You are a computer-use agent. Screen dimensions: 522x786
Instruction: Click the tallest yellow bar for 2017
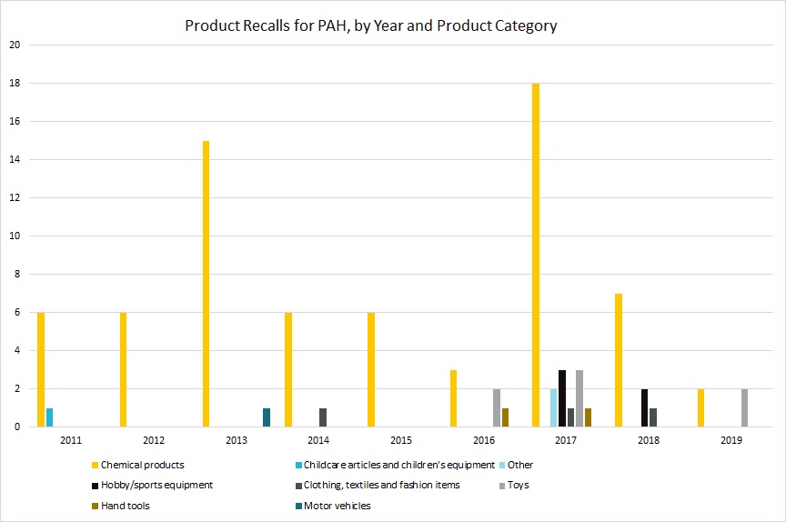[536, 255]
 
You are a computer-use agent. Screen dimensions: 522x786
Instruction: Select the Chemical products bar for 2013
[207, 284]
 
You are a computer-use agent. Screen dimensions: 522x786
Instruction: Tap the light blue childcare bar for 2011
[49, 417]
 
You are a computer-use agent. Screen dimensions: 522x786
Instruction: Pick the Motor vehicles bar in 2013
[267, 417]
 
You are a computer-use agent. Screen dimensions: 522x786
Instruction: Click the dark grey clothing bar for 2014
[323, 417]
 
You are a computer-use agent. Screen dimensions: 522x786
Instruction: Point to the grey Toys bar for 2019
[745, 407]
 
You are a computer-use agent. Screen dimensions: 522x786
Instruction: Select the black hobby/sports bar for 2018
[645, 407]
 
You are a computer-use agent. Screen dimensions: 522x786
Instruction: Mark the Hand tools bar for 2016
[506, 417]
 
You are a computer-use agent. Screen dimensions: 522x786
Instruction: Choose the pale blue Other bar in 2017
[553, 407]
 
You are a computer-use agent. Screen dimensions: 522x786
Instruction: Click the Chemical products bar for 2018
[619, 360]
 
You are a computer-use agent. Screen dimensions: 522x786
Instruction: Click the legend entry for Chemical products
[142, 465]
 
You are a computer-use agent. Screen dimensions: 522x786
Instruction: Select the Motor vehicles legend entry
[338, 506]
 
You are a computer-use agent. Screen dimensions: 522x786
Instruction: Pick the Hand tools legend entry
[126, 506]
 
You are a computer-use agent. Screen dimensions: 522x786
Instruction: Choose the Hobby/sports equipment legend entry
[156, 485]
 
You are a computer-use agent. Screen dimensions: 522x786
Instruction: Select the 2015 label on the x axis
[400, 440]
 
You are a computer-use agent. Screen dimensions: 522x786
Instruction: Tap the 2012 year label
[153, 440]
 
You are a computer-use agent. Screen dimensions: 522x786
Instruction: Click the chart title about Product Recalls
[371, 25]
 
